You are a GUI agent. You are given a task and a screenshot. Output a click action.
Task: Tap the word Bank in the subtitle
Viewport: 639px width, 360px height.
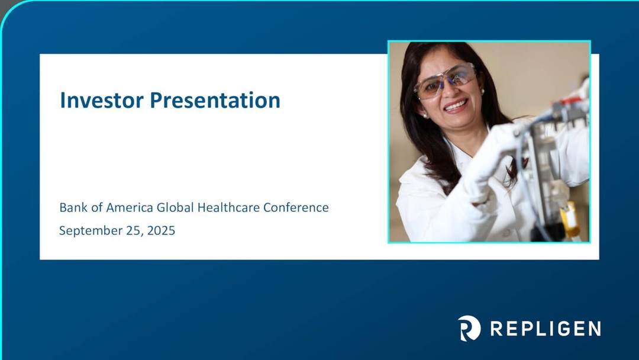pos(71,208)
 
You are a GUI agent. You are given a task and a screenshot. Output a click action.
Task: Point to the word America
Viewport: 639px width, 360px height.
pos(130,208)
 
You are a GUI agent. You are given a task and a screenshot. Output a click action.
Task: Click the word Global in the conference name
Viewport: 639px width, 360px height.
pos(175,208)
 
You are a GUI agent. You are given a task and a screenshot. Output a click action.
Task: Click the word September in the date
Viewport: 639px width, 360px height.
pos(87,231)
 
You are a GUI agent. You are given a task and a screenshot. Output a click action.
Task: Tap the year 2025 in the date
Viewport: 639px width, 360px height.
pos(161,231)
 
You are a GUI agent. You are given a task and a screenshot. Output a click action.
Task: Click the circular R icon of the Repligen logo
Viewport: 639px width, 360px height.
pos(469,328)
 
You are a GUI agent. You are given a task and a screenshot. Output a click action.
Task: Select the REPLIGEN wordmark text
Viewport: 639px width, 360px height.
pos(546,329)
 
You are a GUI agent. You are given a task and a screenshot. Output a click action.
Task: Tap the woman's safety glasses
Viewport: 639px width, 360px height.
pos(446,81)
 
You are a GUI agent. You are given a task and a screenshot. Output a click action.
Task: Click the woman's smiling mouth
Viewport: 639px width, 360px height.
pos(456,107)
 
